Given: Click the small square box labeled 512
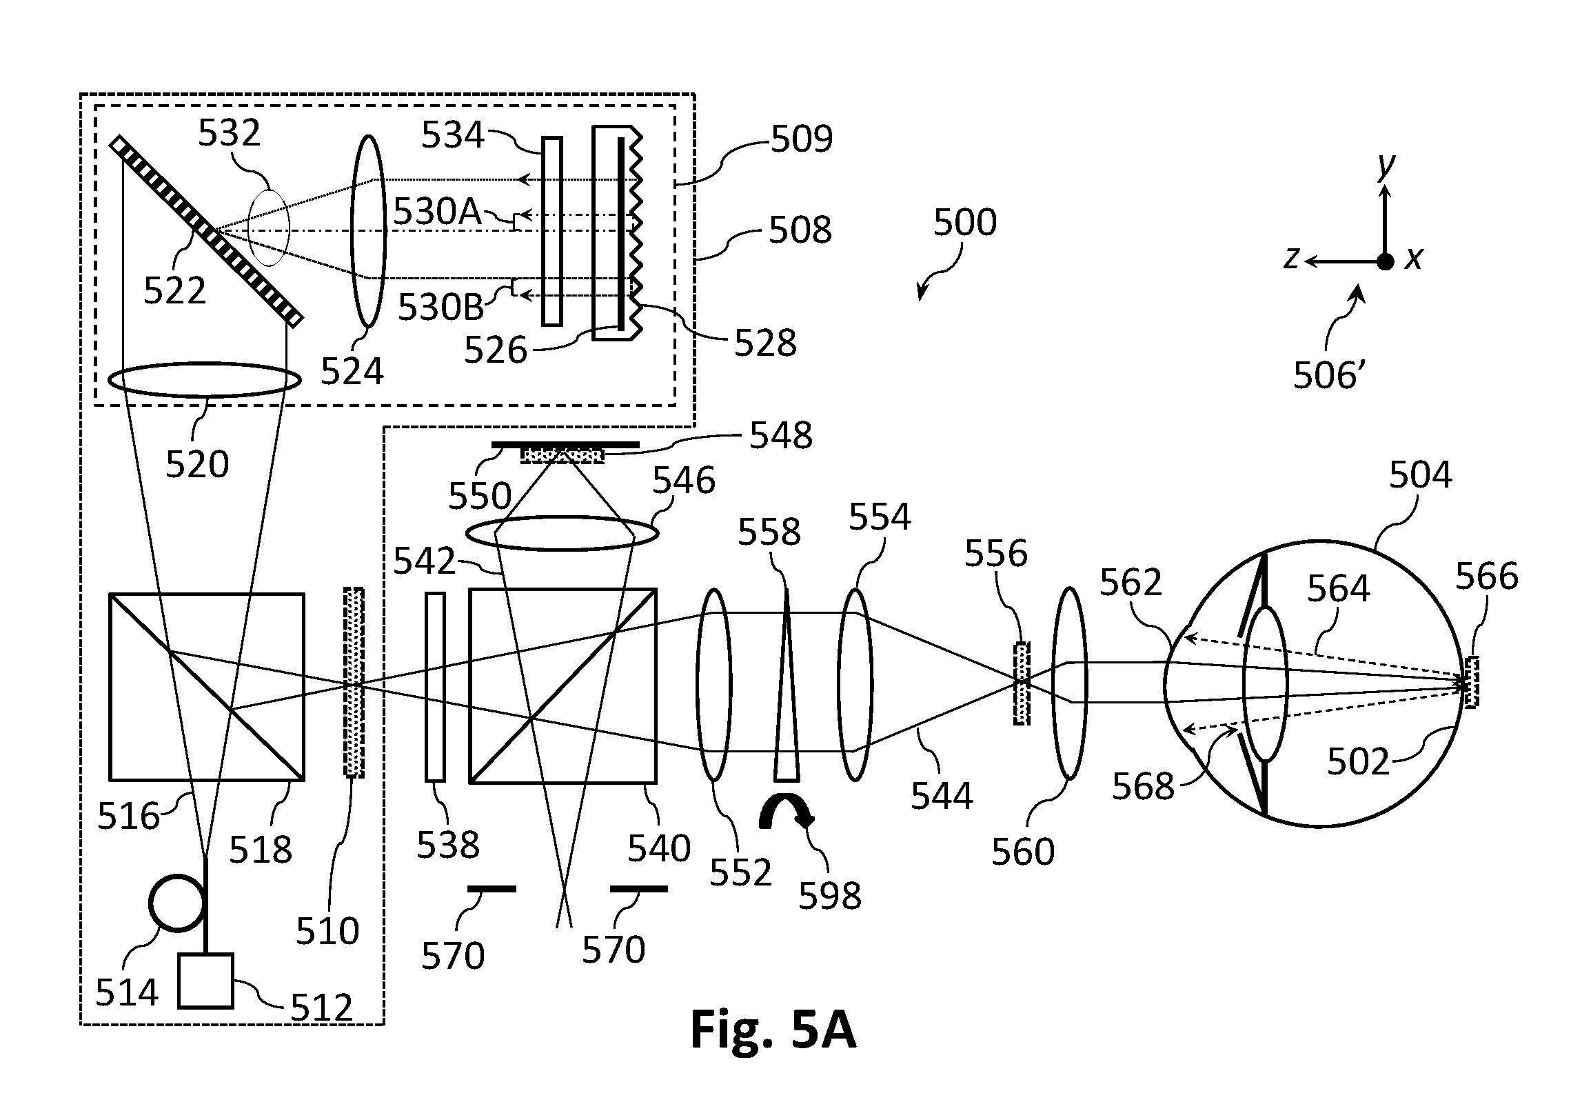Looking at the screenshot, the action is click(x=205, y=981).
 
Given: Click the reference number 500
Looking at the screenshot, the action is click(x=965, y=223).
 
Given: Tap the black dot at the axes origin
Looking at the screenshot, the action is click(x=1385, y=261).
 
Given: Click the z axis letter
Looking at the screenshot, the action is click(x=1292, y=258).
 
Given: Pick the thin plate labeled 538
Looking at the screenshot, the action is click(x=435, y=686).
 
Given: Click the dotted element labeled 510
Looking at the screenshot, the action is click(x=354, y=682).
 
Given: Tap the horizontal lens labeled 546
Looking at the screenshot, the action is click(x=562, y=533).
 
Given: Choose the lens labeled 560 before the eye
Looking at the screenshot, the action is click(x=1069, y=683).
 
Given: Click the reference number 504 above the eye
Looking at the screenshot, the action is click(x=1420, y=475).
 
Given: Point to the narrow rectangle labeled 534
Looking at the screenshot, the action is click(x=552, y=230).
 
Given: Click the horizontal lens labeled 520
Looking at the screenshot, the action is click(x=205, y=380).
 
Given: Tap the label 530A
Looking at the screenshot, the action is click(x=437, y=213).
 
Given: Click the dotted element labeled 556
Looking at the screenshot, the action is click(x=1022, y=683).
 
